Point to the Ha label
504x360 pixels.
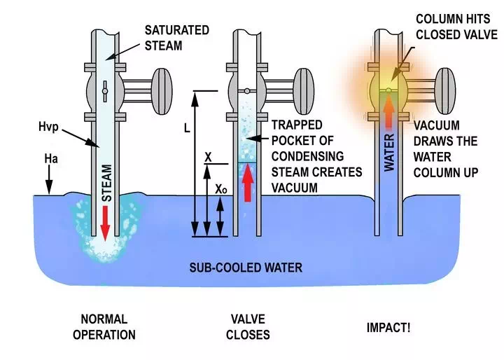49,160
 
